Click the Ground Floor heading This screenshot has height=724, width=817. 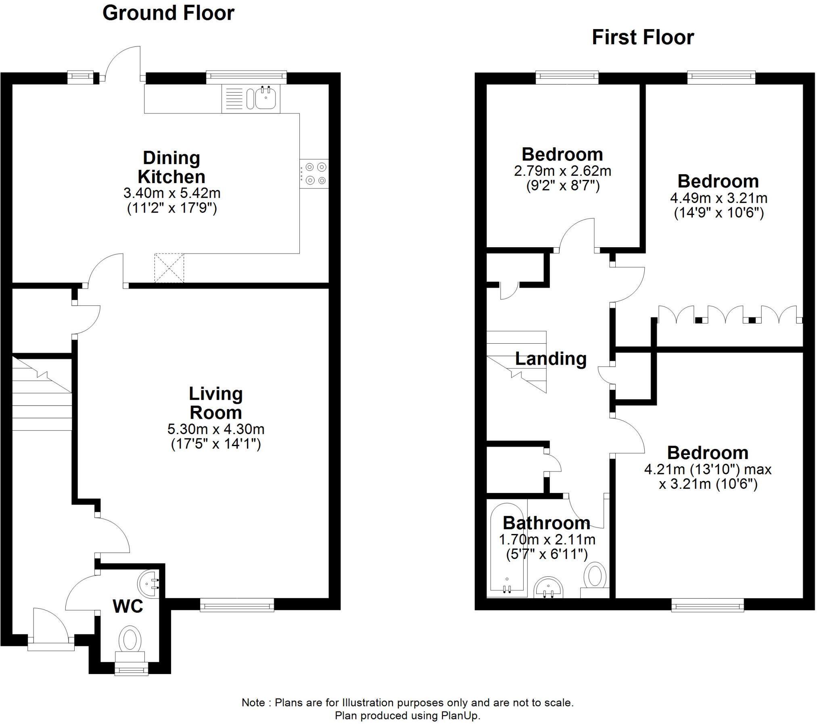point(168,13)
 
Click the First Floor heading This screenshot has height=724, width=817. point(642,38)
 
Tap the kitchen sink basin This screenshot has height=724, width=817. point(265,98)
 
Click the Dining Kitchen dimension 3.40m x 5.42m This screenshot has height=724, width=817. point(172,193)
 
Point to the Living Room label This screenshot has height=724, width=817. point(215,403)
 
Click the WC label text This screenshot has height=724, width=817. point(127,606)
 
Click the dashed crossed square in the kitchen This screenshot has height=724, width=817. point(169,268)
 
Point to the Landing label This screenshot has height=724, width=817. point(551,359)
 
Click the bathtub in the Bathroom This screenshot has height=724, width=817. point(507,549)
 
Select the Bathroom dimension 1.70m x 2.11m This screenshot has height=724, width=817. point(547,539)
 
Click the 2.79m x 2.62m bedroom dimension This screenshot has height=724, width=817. point(562,171)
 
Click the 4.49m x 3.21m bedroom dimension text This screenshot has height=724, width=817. point(719,198)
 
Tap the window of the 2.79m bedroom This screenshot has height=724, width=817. point(567,77)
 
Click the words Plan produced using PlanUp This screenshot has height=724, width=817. point(407,716)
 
